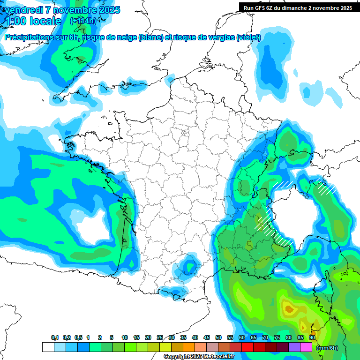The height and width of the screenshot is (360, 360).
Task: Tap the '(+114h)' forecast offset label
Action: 83,21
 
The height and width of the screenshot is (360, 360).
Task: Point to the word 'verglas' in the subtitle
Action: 220,37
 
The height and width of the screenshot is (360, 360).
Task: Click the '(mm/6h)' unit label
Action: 327,348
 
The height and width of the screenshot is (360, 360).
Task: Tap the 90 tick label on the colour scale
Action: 312,337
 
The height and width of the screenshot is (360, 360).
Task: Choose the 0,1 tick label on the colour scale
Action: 55,337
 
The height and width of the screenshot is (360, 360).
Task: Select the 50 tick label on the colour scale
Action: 218,337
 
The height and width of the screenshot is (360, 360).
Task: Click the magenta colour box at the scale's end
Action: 306,347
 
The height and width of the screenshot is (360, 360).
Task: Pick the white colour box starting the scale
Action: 48,347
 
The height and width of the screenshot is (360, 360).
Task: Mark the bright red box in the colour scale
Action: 247,347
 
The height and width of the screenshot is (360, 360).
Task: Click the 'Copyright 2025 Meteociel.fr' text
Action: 199,357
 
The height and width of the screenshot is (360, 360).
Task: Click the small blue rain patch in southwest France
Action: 189,266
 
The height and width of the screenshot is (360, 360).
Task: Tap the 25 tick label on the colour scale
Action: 160,337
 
